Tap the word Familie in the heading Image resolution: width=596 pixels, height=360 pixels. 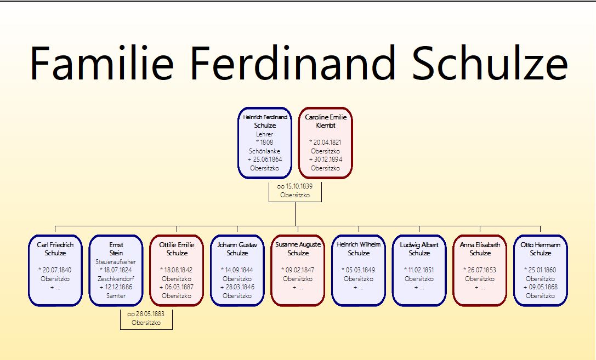pyautogui.click(x=102, y=62)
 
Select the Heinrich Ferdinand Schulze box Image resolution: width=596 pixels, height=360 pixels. pyautogui.click(x=265, y=143)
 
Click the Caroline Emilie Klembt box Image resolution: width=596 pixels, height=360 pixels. pyautogui.click(x=325, y=143)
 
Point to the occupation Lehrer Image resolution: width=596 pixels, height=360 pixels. pyautogui.click(x=264, y=134)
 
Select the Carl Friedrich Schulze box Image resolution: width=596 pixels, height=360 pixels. pyautogui.click(x=55, y=270)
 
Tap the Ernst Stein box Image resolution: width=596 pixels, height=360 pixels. pyautogui.click(x=116, y=270)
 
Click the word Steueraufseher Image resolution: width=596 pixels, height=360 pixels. pyautogui.click(x=116, y=262)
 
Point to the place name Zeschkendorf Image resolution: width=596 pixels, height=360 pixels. pyautogui.click(x=116, y=279)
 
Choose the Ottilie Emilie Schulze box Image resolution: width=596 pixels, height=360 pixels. pyautogui.click(x=177, y=270)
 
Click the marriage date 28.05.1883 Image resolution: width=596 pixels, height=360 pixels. pyautogui.click(x=150, y=314)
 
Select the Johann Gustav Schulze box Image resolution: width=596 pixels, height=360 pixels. pyautogui.click(x=237, y=270)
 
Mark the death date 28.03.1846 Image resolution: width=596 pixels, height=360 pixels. pyautogui.click(x=240, y=287)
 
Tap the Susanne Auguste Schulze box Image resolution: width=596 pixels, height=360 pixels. pyautogui.click(x=298, y=270)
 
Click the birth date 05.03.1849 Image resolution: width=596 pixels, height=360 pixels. pyautogui.click(x=360, y=270)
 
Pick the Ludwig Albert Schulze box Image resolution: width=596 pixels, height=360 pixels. pyautogui.click(x=419, y=270)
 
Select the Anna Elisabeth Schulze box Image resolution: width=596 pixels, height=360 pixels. pyautogui.click(x=480, y=270)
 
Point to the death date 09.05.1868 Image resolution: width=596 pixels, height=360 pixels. pyautogui.click(x=543, y=287)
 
